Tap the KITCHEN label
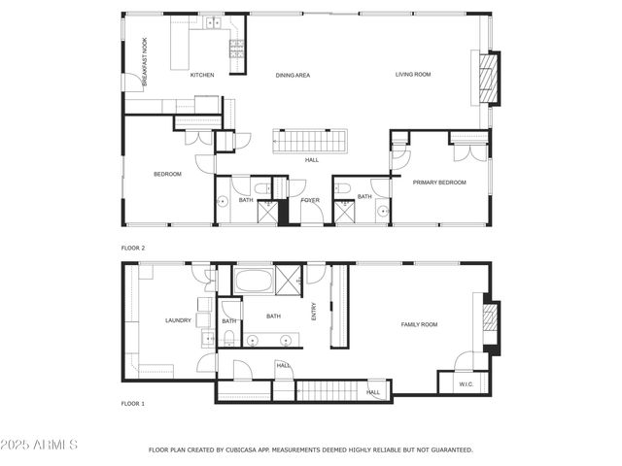click(x=202, y=75)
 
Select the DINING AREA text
click(x=293, y=75)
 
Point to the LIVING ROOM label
click(x=412, y=75)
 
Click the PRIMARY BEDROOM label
click(x=439, y=183)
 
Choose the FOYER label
click(x=310, y=200)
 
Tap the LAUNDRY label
click(x=178, y=320)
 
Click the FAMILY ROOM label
click(x=420, y=324)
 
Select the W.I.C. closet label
click(x=466, y=384)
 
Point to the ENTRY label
click(x=314, y=311)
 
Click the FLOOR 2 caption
click(x=133, y=248)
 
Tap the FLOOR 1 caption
click(x=133, y=403)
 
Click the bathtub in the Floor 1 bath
click(x=255, y=282)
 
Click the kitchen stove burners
click(x=235, y=45)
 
